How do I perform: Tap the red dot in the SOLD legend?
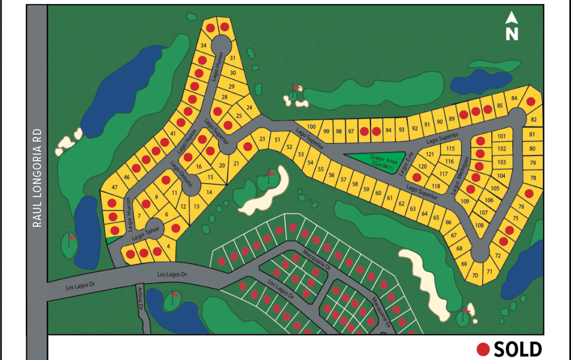coord(483,349)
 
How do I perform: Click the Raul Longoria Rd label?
coord(37,178)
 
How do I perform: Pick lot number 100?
coord(311,127)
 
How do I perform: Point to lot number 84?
coord(514,98)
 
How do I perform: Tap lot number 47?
coord(115,188)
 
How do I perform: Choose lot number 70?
coord(475,276)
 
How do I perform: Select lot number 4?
coord(168,246)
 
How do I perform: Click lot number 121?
coord(430,154)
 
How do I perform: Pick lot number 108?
coord(479,225)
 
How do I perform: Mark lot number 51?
coord(277,140)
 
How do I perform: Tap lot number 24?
coord(249,108)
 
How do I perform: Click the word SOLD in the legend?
coord(518,349)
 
